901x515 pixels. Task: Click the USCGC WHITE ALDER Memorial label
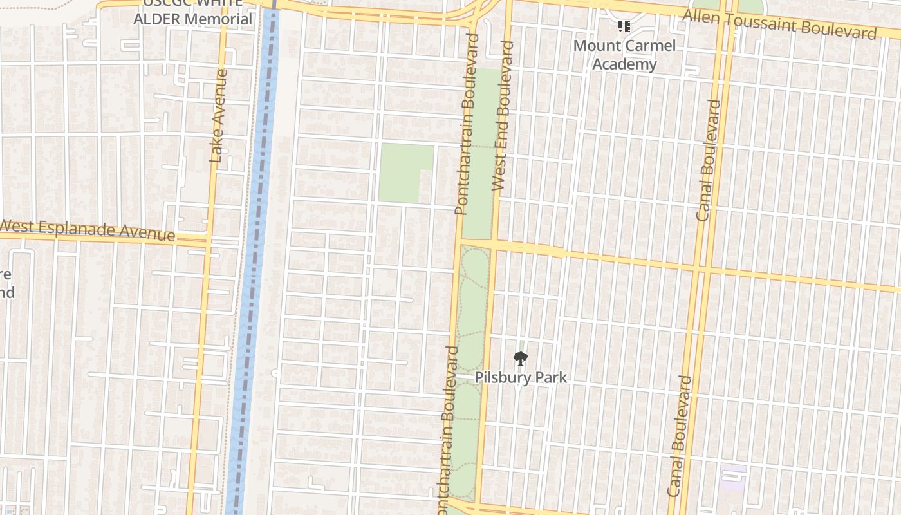click(x=192, y=12)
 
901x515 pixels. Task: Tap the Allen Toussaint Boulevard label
click(x=779, y=24)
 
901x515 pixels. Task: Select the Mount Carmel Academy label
click(x=624, y=55)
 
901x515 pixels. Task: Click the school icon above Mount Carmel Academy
click(x=624, y=26)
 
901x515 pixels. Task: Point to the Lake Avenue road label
click(x=219, y=116)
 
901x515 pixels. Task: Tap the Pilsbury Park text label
click(x=521, y=377)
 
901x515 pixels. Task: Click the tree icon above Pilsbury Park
click(x=520, y=359)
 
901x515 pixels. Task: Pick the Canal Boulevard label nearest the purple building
click(x=680, y=436)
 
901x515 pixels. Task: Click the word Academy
click(x=624, y=64)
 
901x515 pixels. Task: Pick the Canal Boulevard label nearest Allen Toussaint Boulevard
click(x=709, y=160)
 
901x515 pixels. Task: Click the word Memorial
click(x=218, y=19)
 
